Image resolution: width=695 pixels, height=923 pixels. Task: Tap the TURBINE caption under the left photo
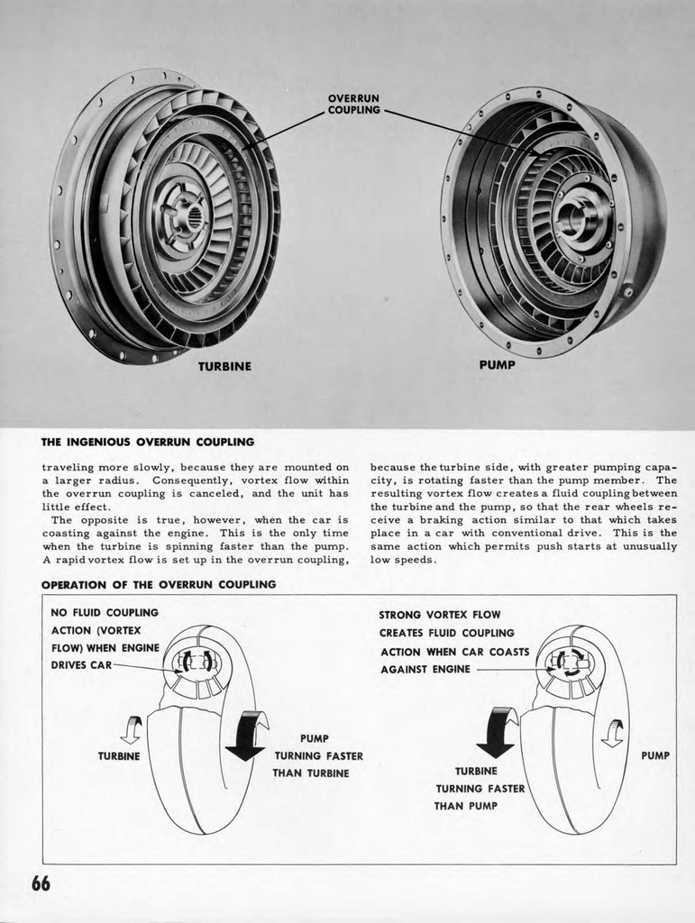(x=224, y=367)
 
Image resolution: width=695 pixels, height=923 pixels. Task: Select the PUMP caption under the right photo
(x=498, y=365)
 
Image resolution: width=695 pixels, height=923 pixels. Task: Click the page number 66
(x=41, y=883)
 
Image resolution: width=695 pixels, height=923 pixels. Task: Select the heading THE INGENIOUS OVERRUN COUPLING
(x=148, y=442)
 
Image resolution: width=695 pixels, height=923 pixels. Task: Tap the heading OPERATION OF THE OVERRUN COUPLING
(x=159, y=584)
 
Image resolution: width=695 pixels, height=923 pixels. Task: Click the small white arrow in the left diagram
(x=132, y=729)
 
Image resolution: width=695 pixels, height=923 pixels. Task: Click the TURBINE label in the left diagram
(x=119, y=756)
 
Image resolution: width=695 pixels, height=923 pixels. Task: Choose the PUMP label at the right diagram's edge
(x=655, y=755)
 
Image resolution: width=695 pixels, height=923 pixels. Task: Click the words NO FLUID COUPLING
(x=105, y=613)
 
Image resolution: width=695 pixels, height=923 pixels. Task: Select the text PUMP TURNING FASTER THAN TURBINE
(x=312, y=755)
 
